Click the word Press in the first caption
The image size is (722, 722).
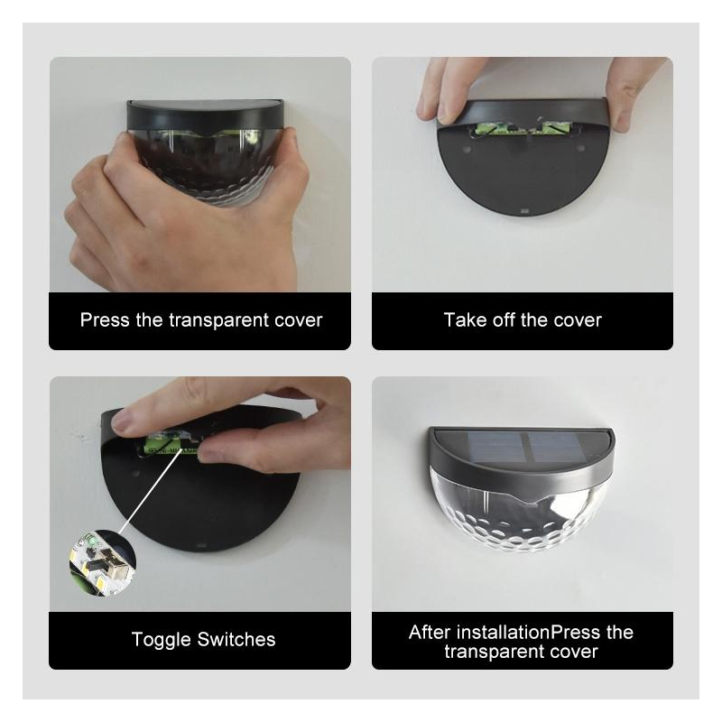click(105, 320)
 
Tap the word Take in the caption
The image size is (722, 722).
click(465, 320)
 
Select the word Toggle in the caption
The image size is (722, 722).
click(161, 640)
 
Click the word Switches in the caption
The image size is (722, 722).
click(236, 640)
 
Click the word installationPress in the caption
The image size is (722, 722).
click(528, 633)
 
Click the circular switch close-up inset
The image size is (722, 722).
click(102, 563)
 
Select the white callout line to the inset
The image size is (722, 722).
click(151, 491)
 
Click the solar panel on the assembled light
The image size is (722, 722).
click(524, 447)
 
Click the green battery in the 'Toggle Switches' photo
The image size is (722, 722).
click(171, 446)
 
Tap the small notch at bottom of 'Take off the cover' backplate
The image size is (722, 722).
click(523, 212)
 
